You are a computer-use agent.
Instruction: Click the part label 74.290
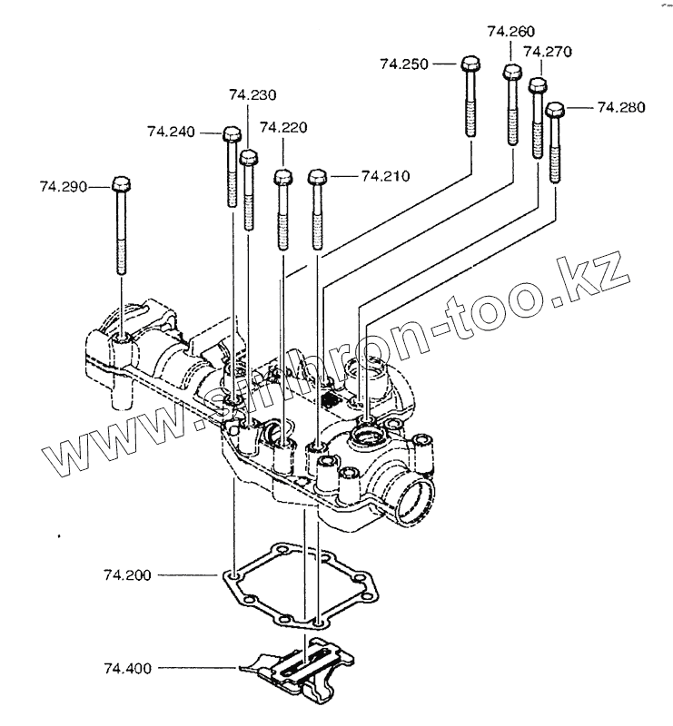click(x=63, y=186)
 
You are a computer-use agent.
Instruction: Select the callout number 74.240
click(x=171, y=132)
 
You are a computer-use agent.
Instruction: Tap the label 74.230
click(x=252, y=94)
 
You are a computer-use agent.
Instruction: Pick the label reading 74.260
click(x=510, y=32)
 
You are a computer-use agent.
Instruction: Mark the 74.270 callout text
click(x=547, y=52)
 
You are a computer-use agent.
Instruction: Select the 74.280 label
click(x=621, y=107)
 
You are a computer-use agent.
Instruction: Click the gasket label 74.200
click(x=127, y=575)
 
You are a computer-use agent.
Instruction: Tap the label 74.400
click(x=127, y=668)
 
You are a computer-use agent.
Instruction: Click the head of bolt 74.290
click(x=122, y=185)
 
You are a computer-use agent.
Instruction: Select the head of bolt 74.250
click(x=470, y=64)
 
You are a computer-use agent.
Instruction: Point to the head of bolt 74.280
click(x=556, y=110)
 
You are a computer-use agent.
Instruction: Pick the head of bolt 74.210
click(x=317, y=176)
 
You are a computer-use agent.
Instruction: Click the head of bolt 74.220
click(x=282, y=177)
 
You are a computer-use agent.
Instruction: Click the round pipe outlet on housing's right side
click(x=414, y=500)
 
